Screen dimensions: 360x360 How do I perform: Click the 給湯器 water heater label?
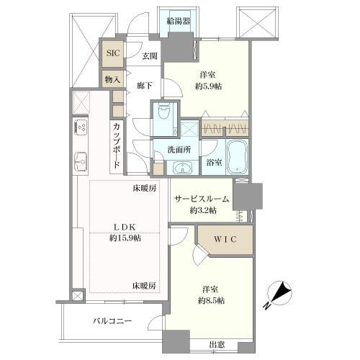178,21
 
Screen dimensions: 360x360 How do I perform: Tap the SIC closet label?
112,53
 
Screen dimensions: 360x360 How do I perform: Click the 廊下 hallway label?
145,85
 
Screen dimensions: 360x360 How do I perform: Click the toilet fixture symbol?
163,113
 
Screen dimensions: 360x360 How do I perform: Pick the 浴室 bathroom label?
213,163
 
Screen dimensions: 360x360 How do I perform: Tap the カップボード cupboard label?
117,147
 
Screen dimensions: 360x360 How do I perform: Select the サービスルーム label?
202,199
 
